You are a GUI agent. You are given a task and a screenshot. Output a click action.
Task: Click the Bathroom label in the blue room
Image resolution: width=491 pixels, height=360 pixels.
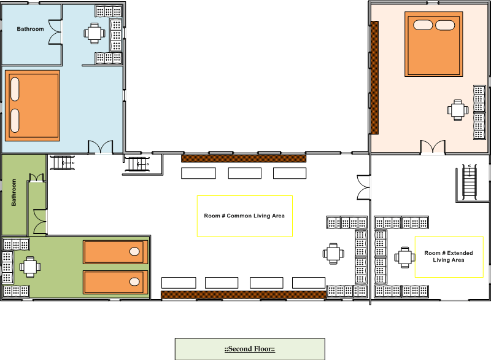click(30, 29)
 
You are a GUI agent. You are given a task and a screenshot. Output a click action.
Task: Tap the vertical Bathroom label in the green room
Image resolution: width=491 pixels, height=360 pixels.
click(14, 192)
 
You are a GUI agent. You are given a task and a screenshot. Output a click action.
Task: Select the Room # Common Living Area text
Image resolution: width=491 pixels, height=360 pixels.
click(244, 216)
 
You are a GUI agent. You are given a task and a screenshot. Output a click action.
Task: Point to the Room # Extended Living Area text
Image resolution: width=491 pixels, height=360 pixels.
click(449, 256)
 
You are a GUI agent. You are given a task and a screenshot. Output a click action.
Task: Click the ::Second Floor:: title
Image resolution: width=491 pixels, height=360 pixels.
click(250, 349)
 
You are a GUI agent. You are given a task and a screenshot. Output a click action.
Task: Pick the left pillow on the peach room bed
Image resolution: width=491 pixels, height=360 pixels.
click(423, 25)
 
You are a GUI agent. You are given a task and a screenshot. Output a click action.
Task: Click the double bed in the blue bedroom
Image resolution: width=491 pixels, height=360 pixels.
click(33, 106)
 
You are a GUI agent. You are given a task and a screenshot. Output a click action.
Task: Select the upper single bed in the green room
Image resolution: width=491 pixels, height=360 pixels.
click(115, 252)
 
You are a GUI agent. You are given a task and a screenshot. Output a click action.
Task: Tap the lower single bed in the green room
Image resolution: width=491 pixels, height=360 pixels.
click(115, 283)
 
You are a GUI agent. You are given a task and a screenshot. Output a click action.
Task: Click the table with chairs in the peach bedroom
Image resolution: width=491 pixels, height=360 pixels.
click(458, 111)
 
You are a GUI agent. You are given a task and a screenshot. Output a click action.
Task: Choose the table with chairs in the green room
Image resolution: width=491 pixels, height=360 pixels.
click(30, 267)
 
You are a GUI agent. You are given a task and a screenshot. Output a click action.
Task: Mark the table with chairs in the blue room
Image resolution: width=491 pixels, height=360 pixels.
click(95, 33)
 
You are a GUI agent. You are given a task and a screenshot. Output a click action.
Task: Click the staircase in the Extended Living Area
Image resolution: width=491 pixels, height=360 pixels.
click(470, 182)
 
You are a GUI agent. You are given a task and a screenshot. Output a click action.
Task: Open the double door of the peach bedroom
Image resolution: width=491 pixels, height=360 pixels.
click(433, 147)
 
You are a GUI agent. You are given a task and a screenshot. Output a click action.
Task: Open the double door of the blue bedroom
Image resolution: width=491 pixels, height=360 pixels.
click(100, 147)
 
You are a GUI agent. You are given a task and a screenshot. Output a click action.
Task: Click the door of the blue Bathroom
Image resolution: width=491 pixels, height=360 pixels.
click(55, 33)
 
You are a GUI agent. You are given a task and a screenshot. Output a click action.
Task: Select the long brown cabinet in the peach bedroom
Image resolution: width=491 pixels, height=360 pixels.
click(374, 77)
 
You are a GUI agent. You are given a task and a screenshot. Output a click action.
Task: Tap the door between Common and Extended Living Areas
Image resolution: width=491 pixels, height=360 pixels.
click(364, 187)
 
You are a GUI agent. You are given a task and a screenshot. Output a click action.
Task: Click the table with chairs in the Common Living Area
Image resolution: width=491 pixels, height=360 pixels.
click(333, 254)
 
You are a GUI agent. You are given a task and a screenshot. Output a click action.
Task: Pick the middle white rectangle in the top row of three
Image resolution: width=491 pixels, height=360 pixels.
click(245, 173)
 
